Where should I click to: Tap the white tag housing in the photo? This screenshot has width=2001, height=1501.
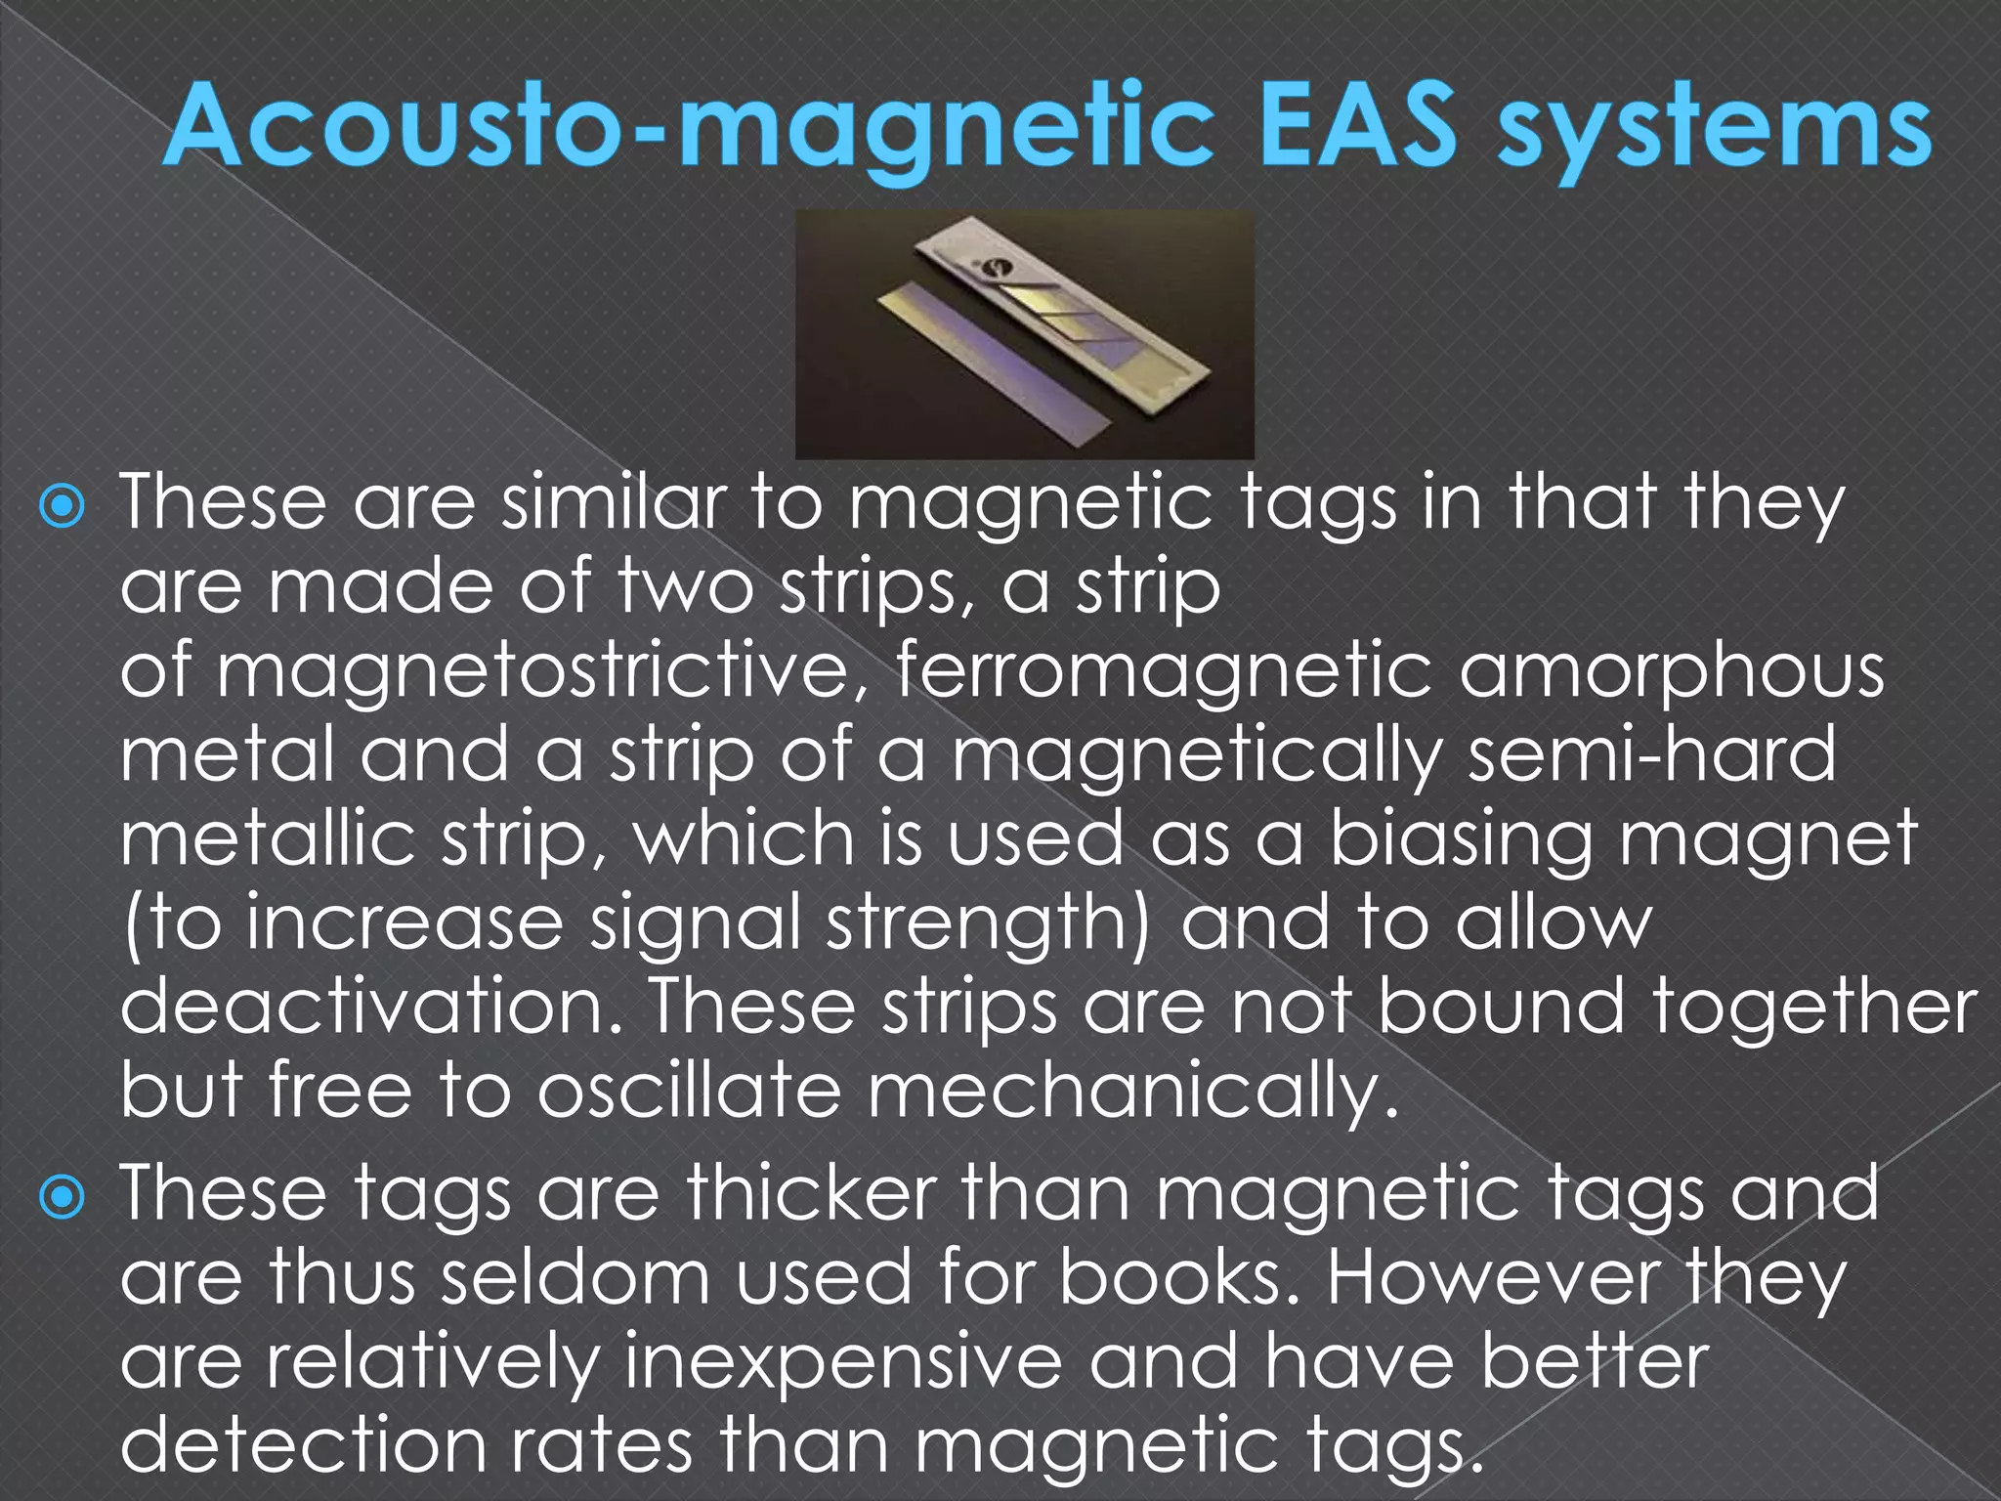coord(1075,293)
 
